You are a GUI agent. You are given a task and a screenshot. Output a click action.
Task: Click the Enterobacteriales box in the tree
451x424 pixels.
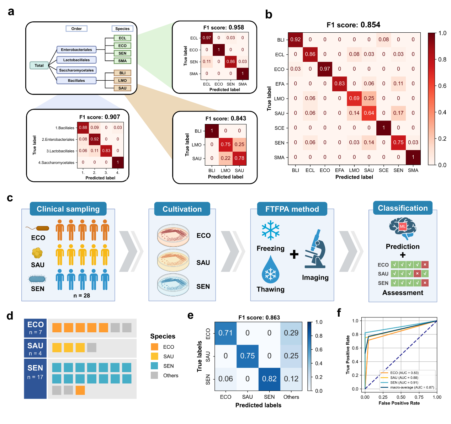coord(76,50)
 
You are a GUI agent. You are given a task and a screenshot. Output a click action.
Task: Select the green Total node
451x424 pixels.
coord(39,65)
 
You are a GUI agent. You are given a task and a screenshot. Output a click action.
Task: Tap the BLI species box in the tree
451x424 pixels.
coord(122,73)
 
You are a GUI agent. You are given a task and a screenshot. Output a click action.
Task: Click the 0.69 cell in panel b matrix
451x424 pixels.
coord(354,98)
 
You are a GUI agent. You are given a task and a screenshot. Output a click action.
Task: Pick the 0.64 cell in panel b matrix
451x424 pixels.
coord(369,113)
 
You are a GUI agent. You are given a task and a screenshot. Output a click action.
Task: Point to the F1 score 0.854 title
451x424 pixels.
coord(353,25)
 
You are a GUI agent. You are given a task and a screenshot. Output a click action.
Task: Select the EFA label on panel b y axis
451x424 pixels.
coord(280,84)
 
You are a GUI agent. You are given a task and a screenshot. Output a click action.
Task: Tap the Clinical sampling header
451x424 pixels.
coord(68,209)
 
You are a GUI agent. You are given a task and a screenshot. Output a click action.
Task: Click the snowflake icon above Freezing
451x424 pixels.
coord(271,230)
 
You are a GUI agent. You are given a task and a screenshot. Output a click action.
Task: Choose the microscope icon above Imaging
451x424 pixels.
coord(315,249)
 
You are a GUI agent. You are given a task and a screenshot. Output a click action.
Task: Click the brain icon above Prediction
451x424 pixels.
coord(403,228)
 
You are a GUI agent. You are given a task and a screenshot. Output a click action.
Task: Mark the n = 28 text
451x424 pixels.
coord(81,295)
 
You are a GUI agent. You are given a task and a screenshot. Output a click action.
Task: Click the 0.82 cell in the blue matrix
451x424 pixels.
coord(269,379)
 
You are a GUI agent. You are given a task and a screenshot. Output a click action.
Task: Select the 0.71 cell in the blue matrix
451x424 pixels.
coord(225,333)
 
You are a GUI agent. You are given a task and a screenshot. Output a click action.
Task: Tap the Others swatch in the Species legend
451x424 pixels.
coord(154,375)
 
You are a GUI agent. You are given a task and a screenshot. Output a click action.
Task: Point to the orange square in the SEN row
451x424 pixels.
coord(80,390)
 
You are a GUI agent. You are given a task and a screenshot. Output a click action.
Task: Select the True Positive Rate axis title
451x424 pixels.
coord(348,355)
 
